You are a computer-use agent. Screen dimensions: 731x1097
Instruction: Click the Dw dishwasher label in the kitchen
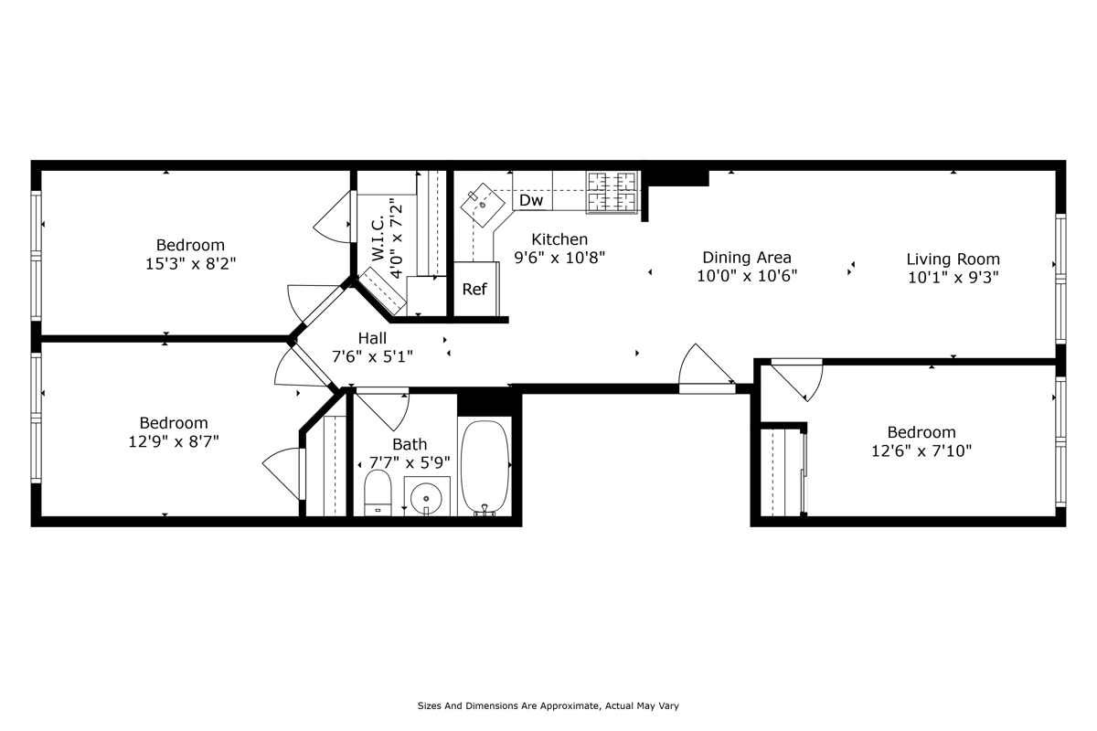531,200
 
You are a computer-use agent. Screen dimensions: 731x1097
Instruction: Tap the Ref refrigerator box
474,290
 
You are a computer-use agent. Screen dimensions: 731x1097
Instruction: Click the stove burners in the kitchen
612,192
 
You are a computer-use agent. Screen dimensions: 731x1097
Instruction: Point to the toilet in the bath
378,493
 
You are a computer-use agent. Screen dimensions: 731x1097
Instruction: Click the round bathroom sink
427,498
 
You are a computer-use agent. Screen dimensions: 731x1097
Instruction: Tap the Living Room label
953,260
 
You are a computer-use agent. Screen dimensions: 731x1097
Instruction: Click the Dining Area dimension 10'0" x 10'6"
747,276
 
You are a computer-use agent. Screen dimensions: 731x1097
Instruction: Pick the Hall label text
372,338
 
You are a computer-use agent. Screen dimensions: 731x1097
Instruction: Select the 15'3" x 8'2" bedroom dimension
190,263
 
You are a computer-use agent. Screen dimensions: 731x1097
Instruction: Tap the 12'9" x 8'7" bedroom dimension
174,441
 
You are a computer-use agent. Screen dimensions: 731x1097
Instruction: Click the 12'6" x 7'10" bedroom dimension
921,450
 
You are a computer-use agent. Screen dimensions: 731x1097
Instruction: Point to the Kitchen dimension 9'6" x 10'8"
559,258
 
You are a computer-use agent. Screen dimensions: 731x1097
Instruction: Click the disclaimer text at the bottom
548,706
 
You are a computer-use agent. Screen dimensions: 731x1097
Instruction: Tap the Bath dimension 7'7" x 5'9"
410,462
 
